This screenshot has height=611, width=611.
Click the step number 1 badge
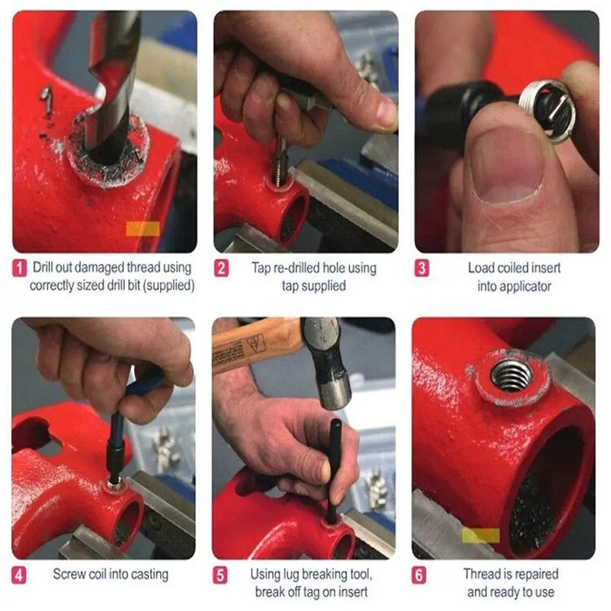[20, 268]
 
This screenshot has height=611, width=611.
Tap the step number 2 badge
[222, 268]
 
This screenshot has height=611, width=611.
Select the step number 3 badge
[422, 268]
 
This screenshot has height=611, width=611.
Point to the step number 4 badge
[20, 574]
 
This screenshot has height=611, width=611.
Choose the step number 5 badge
[222, 575]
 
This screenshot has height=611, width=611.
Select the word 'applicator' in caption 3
[514, 285]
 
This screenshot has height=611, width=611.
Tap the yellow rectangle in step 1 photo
[142, 229]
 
